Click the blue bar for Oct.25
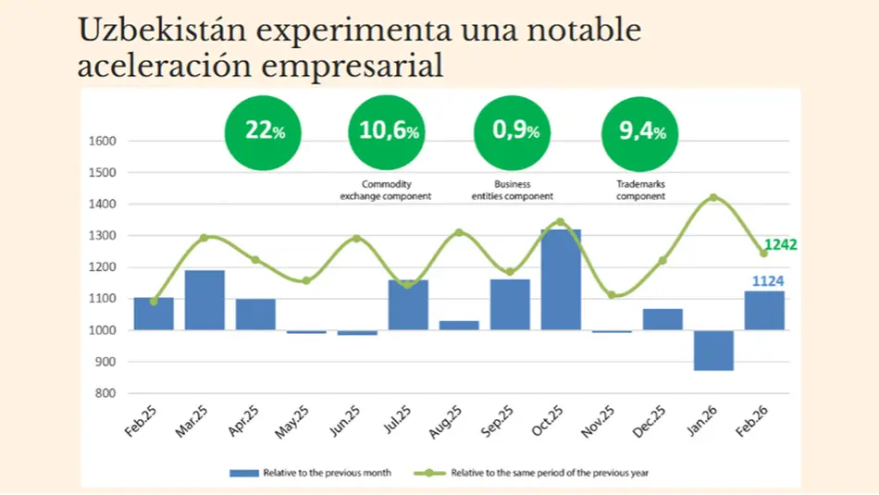pyautogui.click(x=561, y=279)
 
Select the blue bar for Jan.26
pyautogui.click(x=713, y=351)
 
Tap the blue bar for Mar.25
pyautogui.click(x=204, y=300)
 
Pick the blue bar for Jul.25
pyautogui.click(x=408, y=304)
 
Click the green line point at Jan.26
pyautogui.click(x=713, y=197)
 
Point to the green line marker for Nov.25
pyautogui.click(x=612, y=295)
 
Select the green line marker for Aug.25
pyautogui.click(x=459, y=232)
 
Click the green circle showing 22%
pyautogui.click(x=264, y=131)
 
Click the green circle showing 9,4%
pyautogui.click(x=640, y=131)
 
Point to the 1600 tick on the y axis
pyautogui.click(x=103, y=142)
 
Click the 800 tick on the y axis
pyautogui.click(x=105, y=393)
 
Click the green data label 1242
pyautogui.click(x=780, y=245)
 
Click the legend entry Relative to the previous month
pyautogui.click(x=311, y=473)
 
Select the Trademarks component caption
pyautogui.click(x=640, y=190)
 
